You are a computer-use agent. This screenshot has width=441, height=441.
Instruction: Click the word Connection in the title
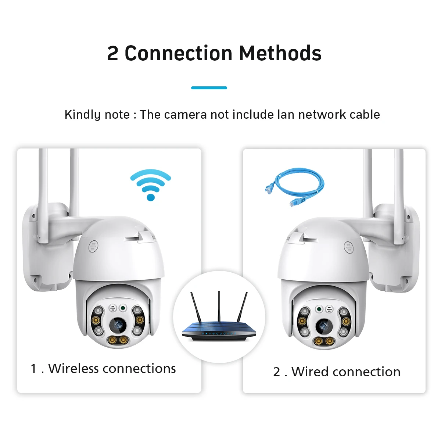[x=178, y=53]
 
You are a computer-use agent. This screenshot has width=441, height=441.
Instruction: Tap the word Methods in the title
[x=280, y=53]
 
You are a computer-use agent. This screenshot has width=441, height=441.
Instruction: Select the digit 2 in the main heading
[x=112, y=54]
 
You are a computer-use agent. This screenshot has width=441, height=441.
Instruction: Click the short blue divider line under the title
[x=209, y=88]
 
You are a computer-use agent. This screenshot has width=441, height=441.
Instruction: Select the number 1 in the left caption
[x=34, y=369]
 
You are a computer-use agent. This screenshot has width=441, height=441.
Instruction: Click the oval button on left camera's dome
[x=93, y=246]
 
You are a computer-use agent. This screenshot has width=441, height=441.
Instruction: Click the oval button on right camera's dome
[x=348, y=247]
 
